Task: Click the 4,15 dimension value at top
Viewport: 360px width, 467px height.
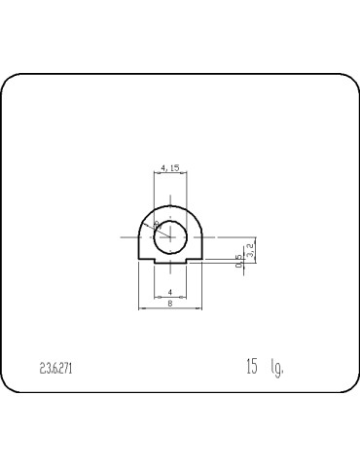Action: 170,167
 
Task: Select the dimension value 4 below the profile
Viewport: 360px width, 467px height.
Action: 170,292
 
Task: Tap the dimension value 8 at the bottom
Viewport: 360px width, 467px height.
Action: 170,305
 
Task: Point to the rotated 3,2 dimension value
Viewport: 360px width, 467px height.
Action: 251,248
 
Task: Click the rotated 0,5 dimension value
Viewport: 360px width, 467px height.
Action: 238,261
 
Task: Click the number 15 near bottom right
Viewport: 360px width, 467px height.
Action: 252,367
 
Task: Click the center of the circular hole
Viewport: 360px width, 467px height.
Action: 171,235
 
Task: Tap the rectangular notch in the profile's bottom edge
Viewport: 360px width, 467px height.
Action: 171,260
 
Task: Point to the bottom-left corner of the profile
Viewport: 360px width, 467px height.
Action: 141,263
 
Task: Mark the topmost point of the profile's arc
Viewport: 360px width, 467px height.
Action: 171,204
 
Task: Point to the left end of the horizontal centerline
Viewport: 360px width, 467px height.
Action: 123,235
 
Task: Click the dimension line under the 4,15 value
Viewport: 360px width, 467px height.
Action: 170,174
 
